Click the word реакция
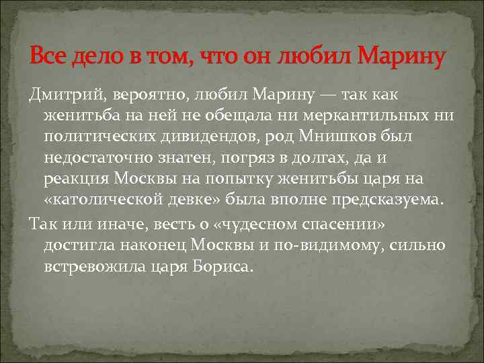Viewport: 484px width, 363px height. click(75, 179)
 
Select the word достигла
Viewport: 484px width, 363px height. click(75, 245)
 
